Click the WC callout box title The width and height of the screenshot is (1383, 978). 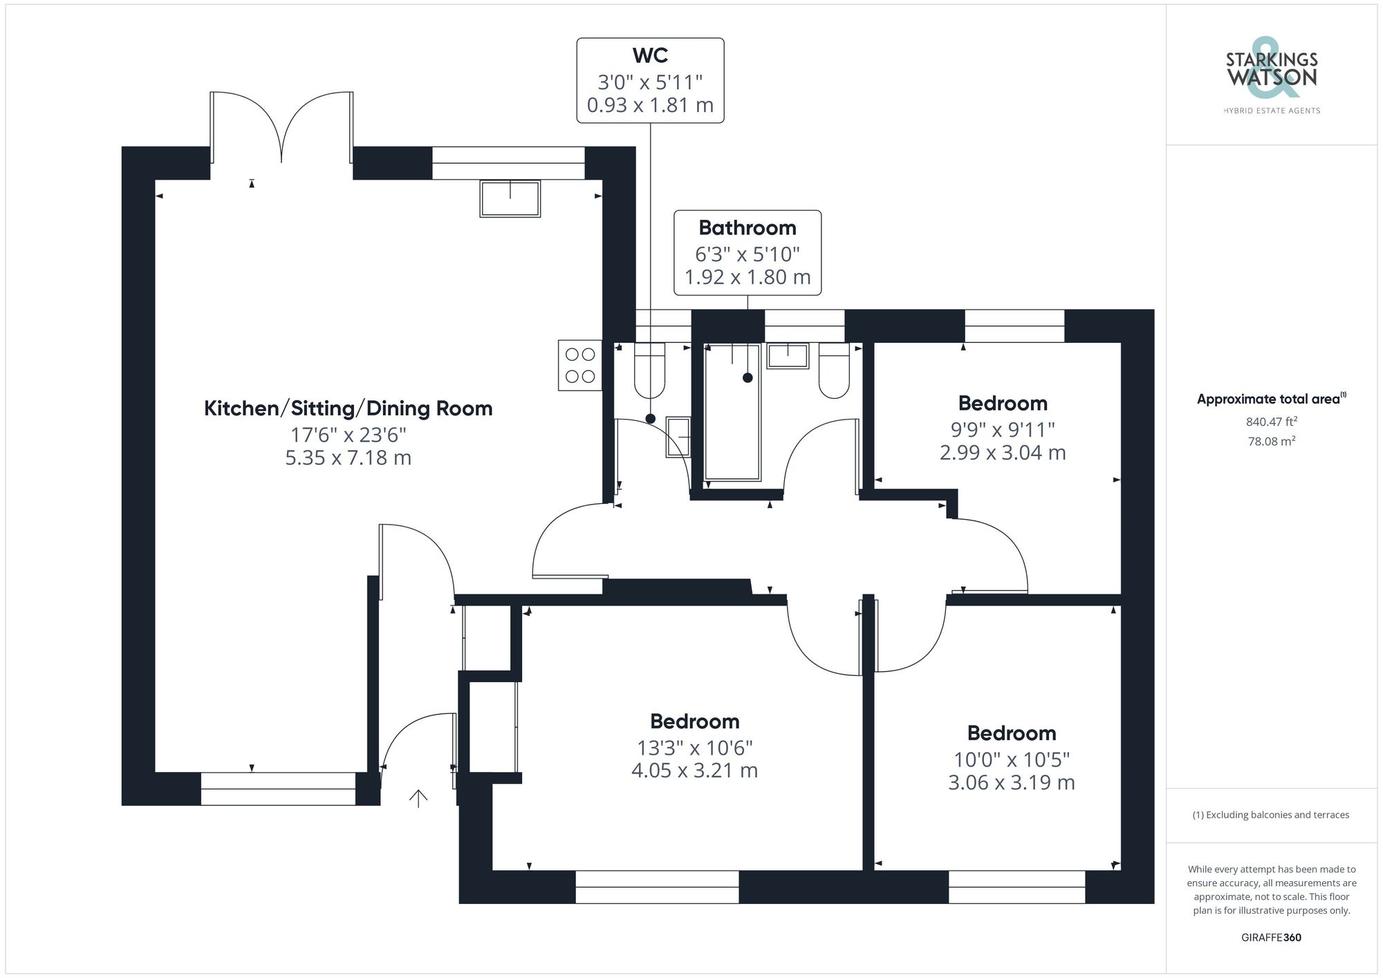pyautogui.click(x=650, y=55)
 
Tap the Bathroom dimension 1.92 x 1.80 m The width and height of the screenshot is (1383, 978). pyautogui.click(x=747, y=277)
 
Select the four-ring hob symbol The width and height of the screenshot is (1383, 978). pyautogui.click(x=579, y=366)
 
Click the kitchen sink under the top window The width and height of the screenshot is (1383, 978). pyautogui.click(x=510, y=198)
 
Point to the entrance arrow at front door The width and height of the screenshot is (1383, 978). pyautogui.click(x=418, y=798)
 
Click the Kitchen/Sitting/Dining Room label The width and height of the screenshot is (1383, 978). pyautogui.click(x=348, y=408)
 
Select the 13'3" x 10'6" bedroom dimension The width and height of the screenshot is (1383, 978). pyautogui.click(x=694, y=748)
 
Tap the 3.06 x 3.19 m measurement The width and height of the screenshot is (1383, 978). pyautogui.click(x=1011, y=782)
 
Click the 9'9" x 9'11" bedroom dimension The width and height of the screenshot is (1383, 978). pyautogui.click(x=1002, y=429)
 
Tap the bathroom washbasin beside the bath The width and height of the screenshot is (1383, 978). pyautogui.click(x=788, y=356)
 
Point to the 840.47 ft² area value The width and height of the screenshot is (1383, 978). pyautogui.click(x=1271, y=422)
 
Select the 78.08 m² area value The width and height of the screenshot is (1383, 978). pyautogui.click(x=1271, y=441)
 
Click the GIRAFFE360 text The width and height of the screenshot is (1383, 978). pyautogui.click(x=1271, y=937)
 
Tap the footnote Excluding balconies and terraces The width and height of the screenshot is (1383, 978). pyautogui.click(x=1271, y=815)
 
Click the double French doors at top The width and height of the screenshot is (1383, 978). pyautogui.click(x=281, y=131)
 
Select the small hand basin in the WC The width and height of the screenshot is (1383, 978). pyautogui.click(x=678, y=437)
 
